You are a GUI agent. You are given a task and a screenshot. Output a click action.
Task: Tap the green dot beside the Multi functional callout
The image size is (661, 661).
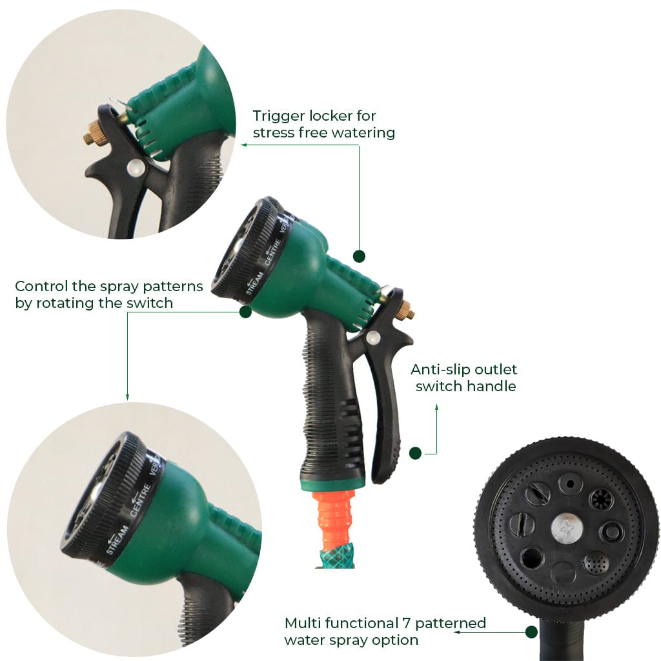coord(531,632)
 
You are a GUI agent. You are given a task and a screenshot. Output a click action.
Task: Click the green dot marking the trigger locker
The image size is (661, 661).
coord(360,256)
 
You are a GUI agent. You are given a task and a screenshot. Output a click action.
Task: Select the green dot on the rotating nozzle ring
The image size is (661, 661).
coord(245,312)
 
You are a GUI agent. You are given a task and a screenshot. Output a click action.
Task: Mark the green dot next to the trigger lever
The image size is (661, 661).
coord(415,453)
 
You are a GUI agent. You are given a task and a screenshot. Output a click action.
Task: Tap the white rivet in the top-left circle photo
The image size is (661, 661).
coord(134,168)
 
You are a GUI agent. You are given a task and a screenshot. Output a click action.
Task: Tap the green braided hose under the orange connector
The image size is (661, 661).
coord(334,556)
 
